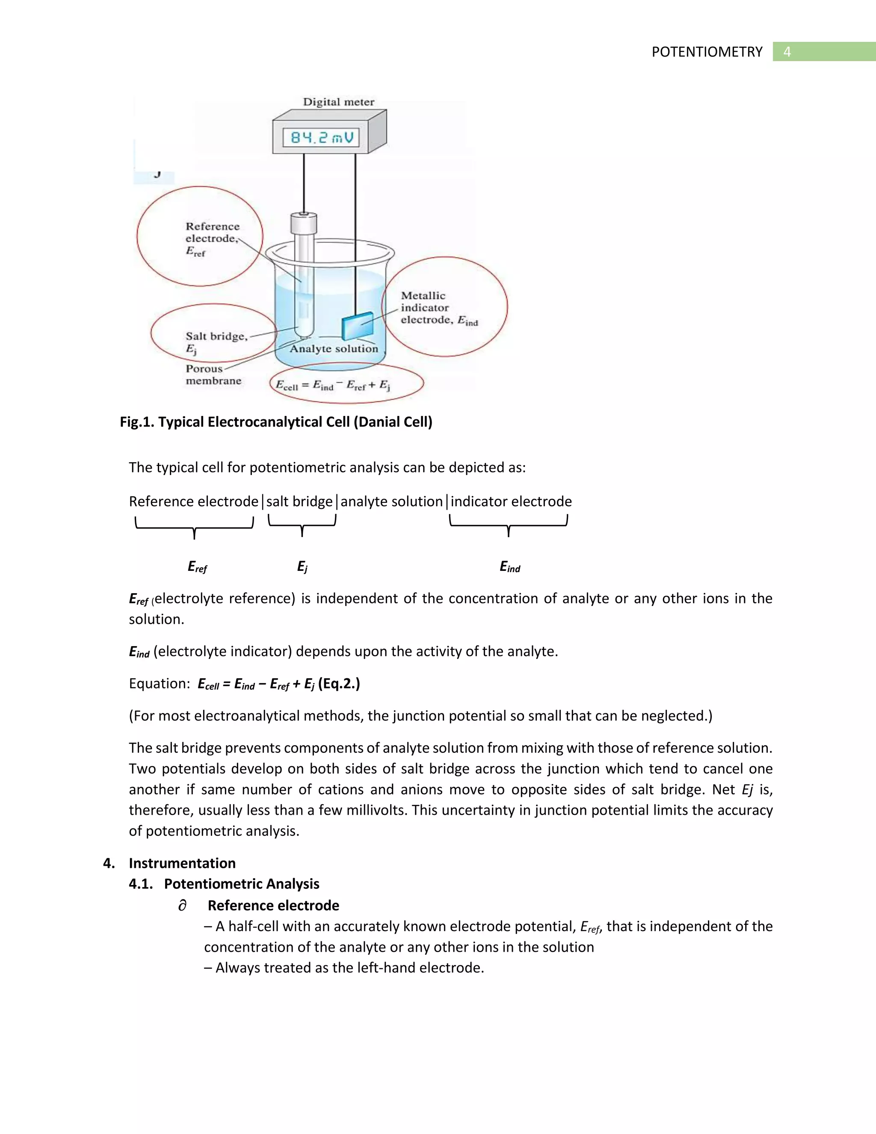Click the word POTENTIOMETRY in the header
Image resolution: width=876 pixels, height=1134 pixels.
pyautogui.click(x=707, y=52)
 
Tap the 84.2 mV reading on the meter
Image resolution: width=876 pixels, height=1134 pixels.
pyautogui.click(x=321, y=138)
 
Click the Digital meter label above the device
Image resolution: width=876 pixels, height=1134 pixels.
pyautogui.click(x=338, y=102)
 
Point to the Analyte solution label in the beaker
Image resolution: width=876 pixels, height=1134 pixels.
pyautogui.click(x=334, y=349)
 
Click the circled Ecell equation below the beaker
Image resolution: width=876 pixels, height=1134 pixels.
pyautogui.click(x=333, y=385)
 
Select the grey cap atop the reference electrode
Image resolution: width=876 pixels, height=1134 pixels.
pyautogui.click(x=304, y=224)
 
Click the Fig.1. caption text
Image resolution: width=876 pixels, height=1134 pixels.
pyautogui.click(x=275, y=422)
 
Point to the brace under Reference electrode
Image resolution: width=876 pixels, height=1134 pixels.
pyautogui.click(x=194, y=526)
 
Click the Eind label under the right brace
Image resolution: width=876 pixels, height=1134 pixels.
pyautogui.click(x=509, y=567)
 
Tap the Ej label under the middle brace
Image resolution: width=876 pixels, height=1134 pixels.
pyautogui.click(x=302, y=567)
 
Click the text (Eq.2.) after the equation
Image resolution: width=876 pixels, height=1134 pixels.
pyautogui.click(x=339, y=684)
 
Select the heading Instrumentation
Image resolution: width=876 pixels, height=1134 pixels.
pyautogui.click(x=182, y=863)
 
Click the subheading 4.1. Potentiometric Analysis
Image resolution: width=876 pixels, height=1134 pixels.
pyautogui.click(x=224, y=884)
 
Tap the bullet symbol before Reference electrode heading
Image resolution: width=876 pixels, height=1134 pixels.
pyautogui.click(x=182, y=905)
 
